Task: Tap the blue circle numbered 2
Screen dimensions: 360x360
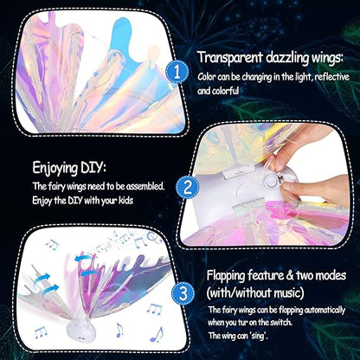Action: [x=184, y=186]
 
